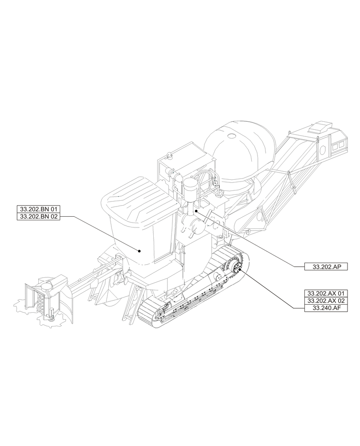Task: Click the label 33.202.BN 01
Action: pyautogui.click(x=38, y=209)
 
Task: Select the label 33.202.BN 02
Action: pyautogui.click(x=38, y=216)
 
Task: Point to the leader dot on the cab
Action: pyautogui.click(x=139, y=251)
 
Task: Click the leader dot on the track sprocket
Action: pyautogui.click(x=240, y=269)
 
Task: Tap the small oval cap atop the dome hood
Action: pyautogui.click(x=232, y=136)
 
